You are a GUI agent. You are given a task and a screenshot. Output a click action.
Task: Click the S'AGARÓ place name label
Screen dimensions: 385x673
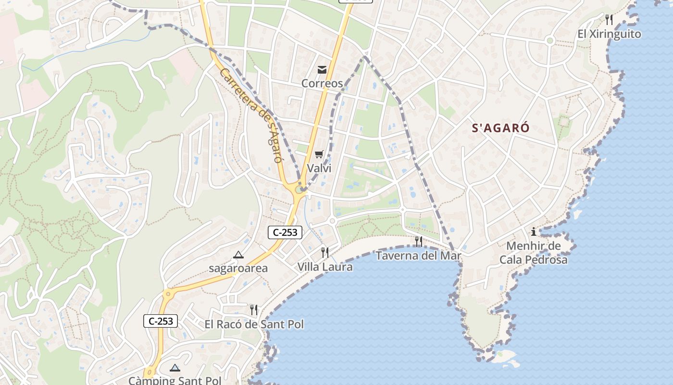[500, 128]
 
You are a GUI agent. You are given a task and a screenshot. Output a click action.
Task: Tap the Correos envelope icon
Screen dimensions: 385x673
[322, 70]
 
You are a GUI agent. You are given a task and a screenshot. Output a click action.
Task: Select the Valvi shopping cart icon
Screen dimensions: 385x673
[319, 154]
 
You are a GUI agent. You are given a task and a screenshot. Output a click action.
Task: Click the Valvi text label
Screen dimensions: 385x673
[319, 168]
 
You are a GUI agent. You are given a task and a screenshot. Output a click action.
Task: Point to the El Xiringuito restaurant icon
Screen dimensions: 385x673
[609, 20]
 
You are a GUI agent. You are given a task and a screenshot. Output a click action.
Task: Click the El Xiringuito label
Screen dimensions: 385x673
[609, 34]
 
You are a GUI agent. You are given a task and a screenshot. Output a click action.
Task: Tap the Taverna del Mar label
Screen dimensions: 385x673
[418, 256]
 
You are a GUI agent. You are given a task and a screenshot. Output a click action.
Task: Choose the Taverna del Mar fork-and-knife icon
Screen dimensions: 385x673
[419, 242]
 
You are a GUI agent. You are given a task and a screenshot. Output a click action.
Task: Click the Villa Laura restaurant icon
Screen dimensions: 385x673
[325, 252]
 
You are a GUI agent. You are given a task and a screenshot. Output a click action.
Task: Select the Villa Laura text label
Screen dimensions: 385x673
[325, 267]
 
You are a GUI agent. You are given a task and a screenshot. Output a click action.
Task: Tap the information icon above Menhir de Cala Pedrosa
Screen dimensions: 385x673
[534, 232]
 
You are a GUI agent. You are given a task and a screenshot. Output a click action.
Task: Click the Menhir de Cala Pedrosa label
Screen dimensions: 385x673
[534, 253]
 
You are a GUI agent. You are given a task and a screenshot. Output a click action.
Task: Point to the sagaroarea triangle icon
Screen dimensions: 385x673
[238, 255]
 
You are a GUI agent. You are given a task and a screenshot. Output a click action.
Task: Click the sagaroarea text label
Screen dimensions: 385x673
[238, 269]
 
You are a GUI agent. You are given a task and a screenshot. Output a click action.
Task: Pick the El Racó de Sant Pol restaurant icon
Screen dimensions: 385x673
[254, 310]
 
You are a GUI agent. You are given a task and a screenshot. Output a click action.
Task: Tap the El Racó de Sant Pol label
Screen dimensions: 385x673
[254, 324]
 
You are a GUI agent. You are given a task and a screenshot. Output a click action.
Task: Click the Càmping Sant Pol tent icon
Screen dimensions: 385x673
[175, 368]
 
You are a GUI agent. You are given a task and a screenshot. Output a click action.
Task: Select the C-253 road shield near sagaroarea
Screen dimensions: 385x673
[285, 232]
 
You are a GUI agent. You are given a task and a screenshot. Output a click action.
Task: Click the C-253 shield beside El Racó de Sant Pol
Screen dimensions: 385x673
[161, 321]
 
